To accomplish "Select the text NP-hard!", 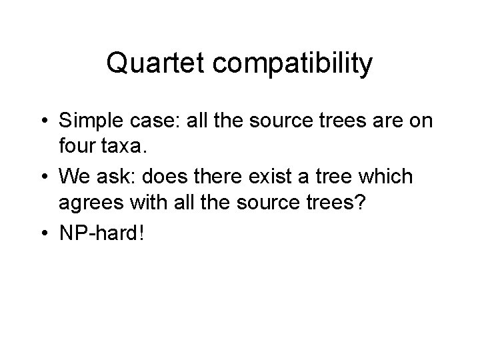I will pyautogui.click(x=100, y=234).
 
